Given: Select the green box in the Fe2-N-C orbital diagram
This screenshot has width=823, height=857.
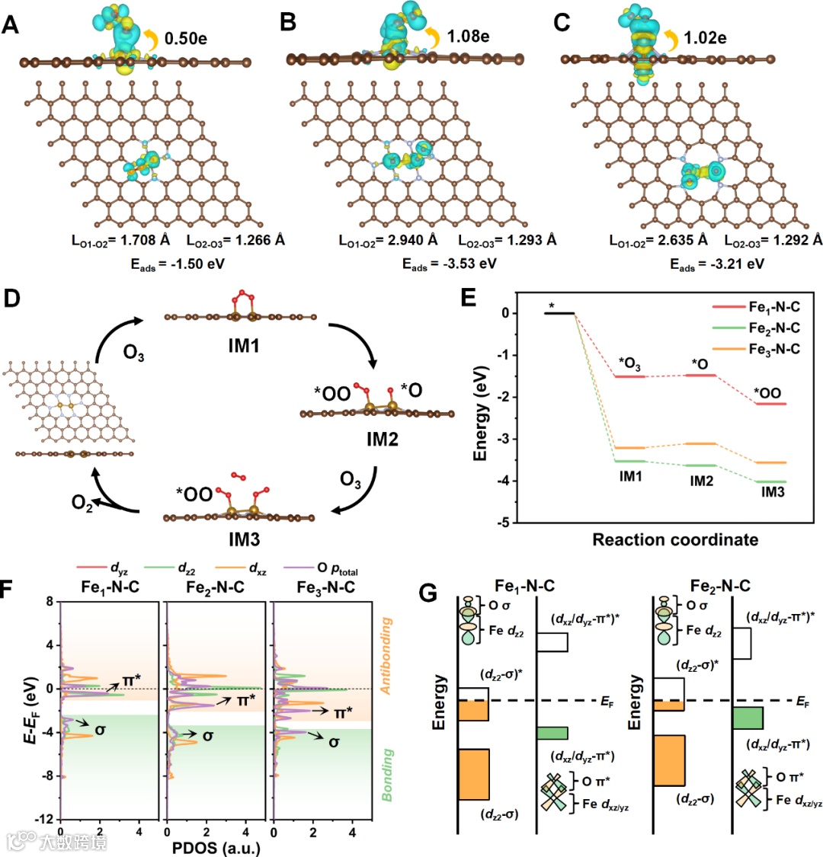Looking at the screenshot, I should point(747,718).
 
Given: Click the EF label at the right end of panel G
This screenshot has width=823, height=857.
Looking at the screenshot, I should point(803,701).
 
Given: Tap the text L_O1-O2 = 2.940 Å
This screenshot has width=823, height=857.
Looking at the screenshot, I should point(389,240).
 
